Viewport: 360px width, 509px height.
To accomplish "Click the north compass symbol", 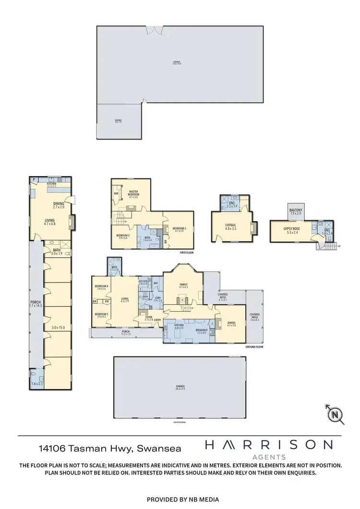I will (335, 414).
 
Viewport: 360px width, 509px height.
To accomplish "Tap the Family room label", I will (183, 286).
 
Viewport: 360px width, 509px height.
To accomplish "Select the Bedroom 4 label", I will (102, 287).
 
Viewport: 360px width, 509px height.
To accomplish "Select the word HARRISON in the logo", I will (269, 445).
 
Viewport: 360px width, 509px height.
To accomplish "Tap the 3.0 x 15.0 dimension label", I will (58, 327).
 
